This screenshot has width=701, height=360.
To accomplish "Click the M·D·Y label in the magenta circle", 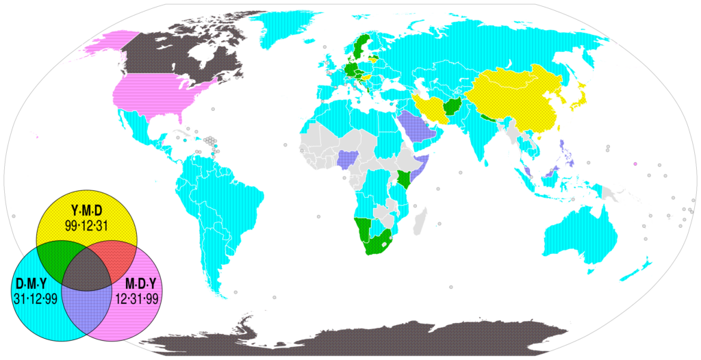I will point(141,283).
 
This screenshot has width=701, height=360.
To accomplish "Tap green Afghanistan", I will point(453,107).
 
